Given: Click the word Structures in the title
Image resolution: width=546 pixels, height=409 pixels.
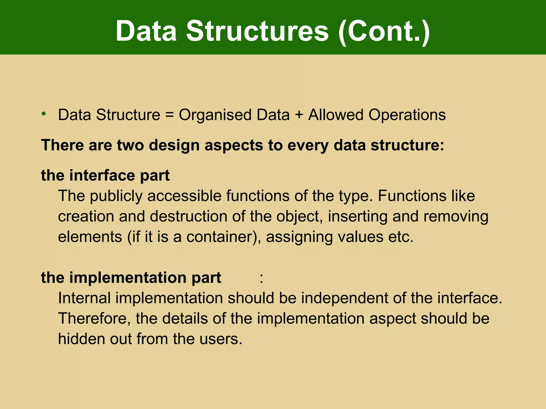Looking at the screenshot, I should click(257, 31).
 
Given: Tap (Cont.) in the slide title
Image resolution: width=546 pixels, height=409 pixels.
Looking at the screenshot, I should click(384, 31).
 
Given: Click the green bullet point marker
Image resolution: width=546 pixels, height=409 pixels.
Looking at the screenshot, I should click(44, 114).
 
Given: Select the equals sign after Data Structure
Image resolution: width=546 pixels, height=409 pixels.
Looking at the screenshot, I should click(169, 115).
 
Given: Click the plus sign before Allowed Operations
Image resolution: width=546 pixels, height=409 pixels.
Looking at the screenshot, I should click(299, 115).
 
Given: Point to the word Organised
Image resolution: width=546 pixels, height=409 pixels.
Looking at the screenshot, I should click(215, 115).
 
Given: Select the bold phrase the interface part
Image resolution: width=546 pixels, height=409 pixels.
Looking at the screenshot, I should click(105, 175).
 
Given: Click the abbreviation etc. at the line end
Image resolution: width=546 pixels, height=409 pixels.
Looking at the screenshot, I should click(401, 237).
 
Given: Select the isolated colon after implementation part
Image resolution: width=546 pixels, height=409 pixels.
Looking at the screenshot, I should click(261, 278).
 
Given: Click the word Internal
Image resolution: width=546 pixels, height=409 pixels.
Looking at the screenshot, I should click(84, 298).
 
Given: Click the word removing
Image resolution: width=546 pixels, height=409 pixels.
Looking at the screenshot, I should click(456, 216).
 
